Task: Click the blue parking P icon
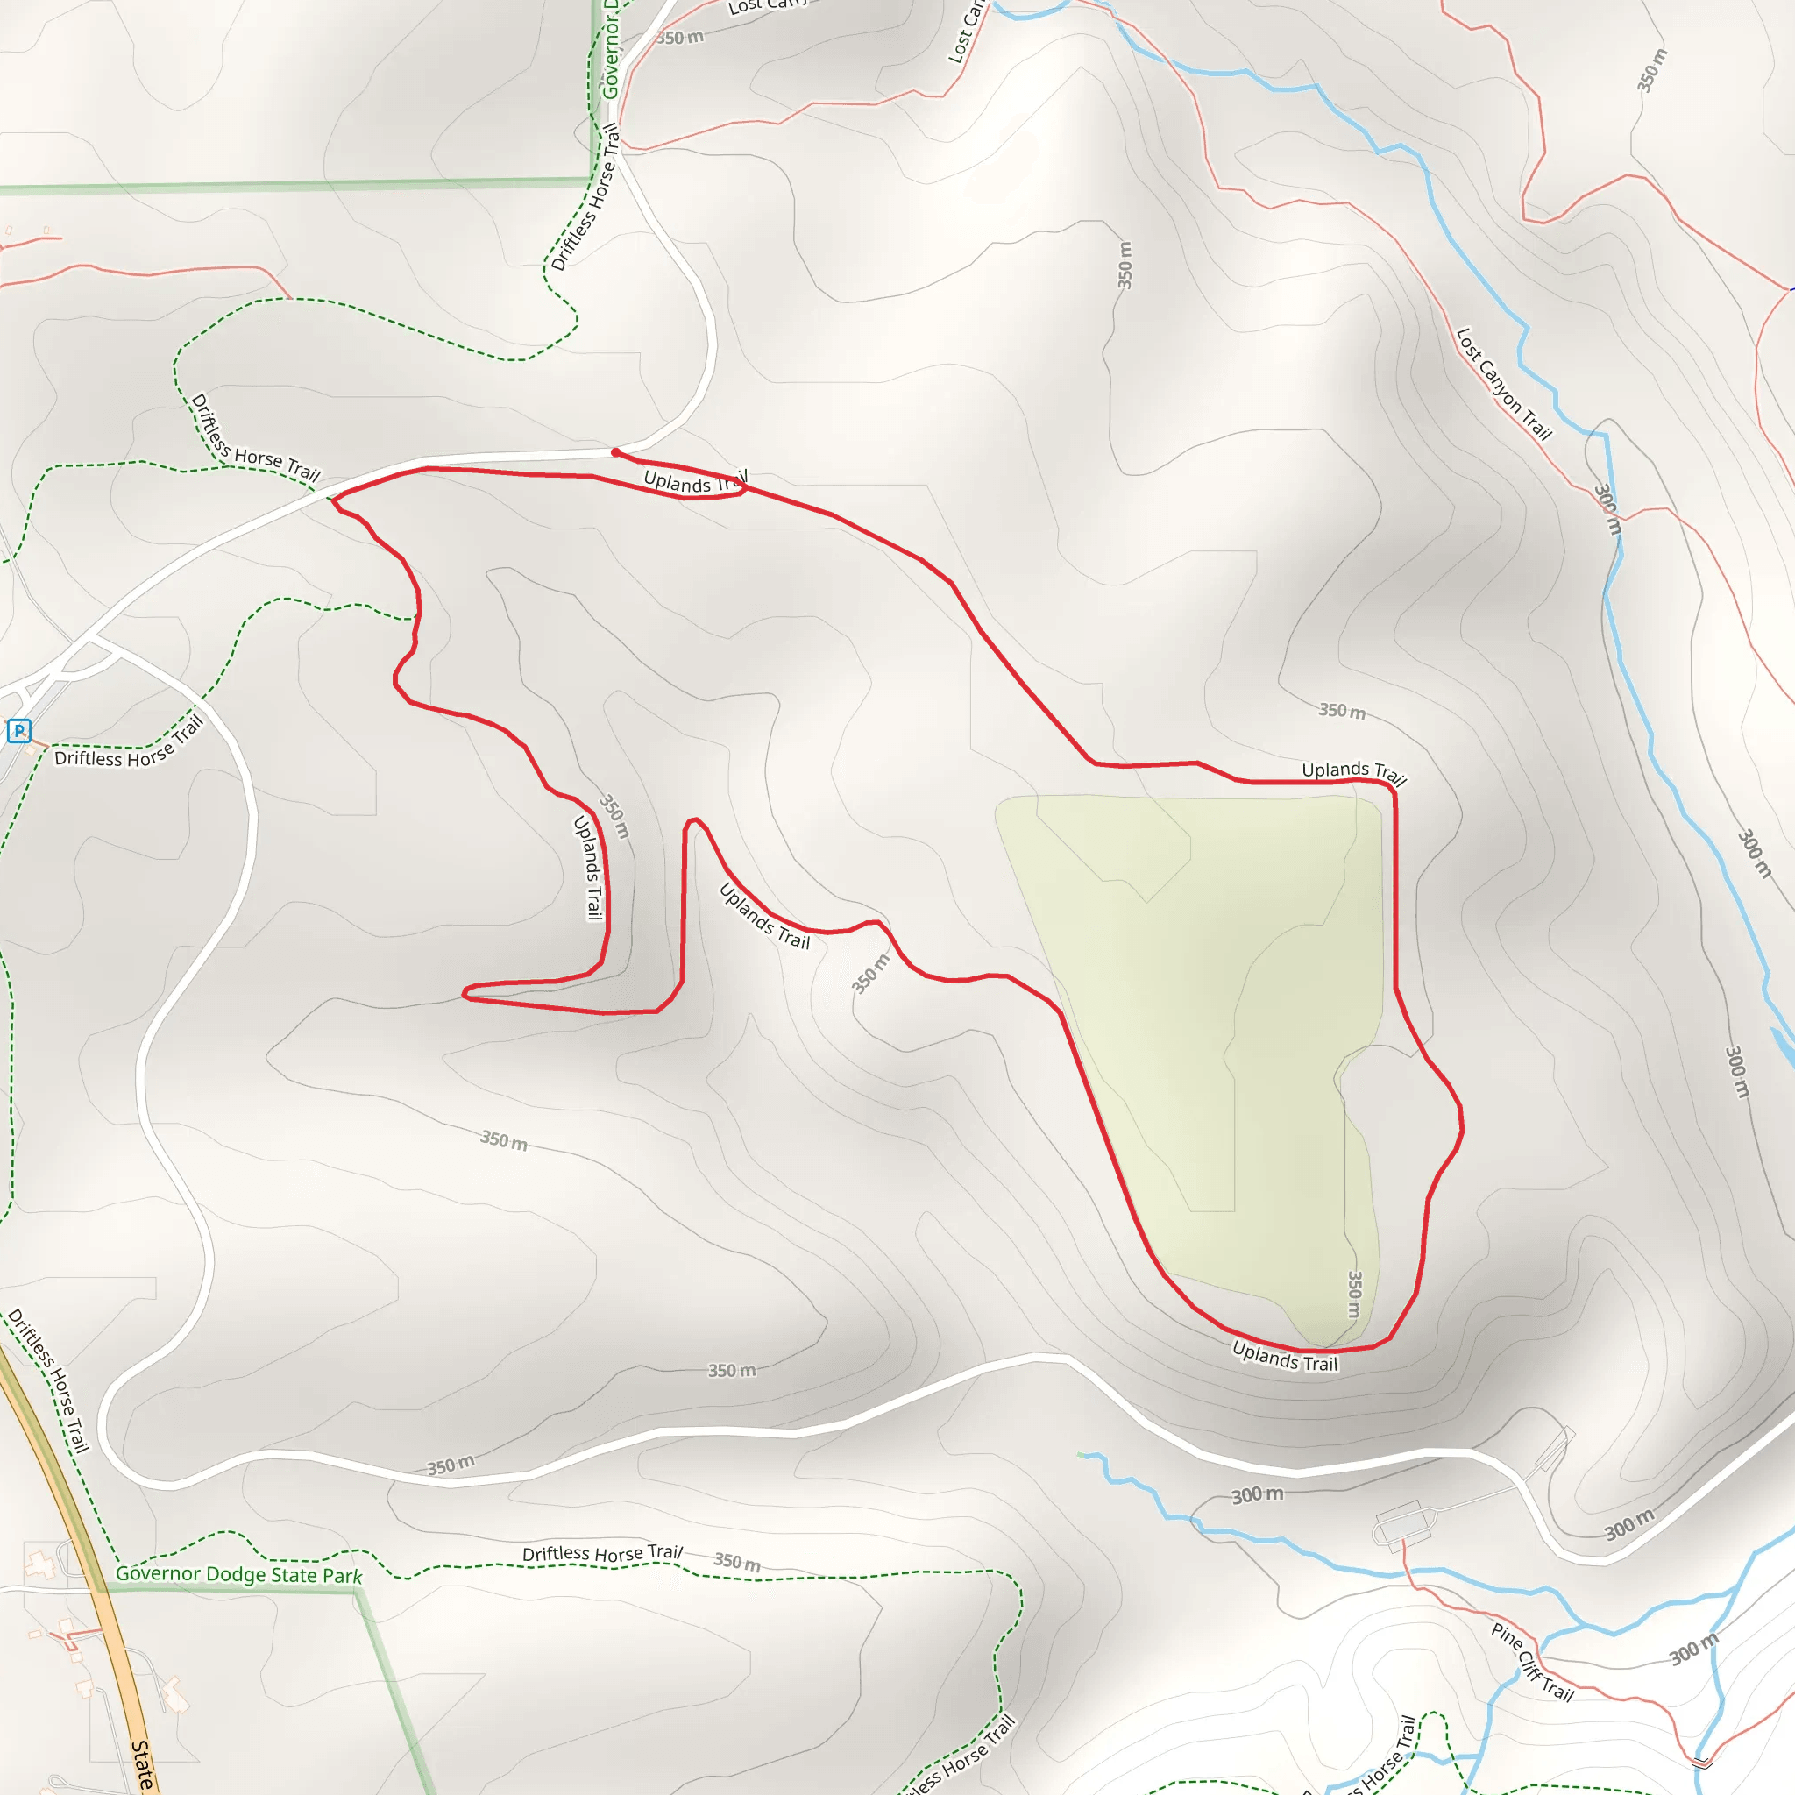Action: coord(18,731)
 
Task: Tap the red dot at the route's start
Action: coord(616,452)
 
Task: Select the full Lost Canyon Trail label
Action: coord(1503,383)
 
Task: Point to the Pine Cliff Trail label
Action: coord(1532,1662)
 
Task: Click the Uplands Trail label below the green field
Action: coord(1285,1357)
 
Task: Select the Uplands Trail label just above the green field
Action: coord(1352,771)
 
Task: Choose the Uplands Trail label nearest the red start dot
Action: coord(695,481)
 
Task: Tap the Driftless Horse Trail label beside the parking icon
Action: coord(129,746)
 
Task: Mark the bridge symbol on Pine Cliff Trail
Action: coord(1701,1762)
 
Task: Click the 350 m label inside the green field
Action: coord(1355,1295)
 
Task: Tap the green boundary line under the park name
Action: coord(232,1589)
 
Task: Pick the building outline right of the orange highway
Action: coord(174,1692)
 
